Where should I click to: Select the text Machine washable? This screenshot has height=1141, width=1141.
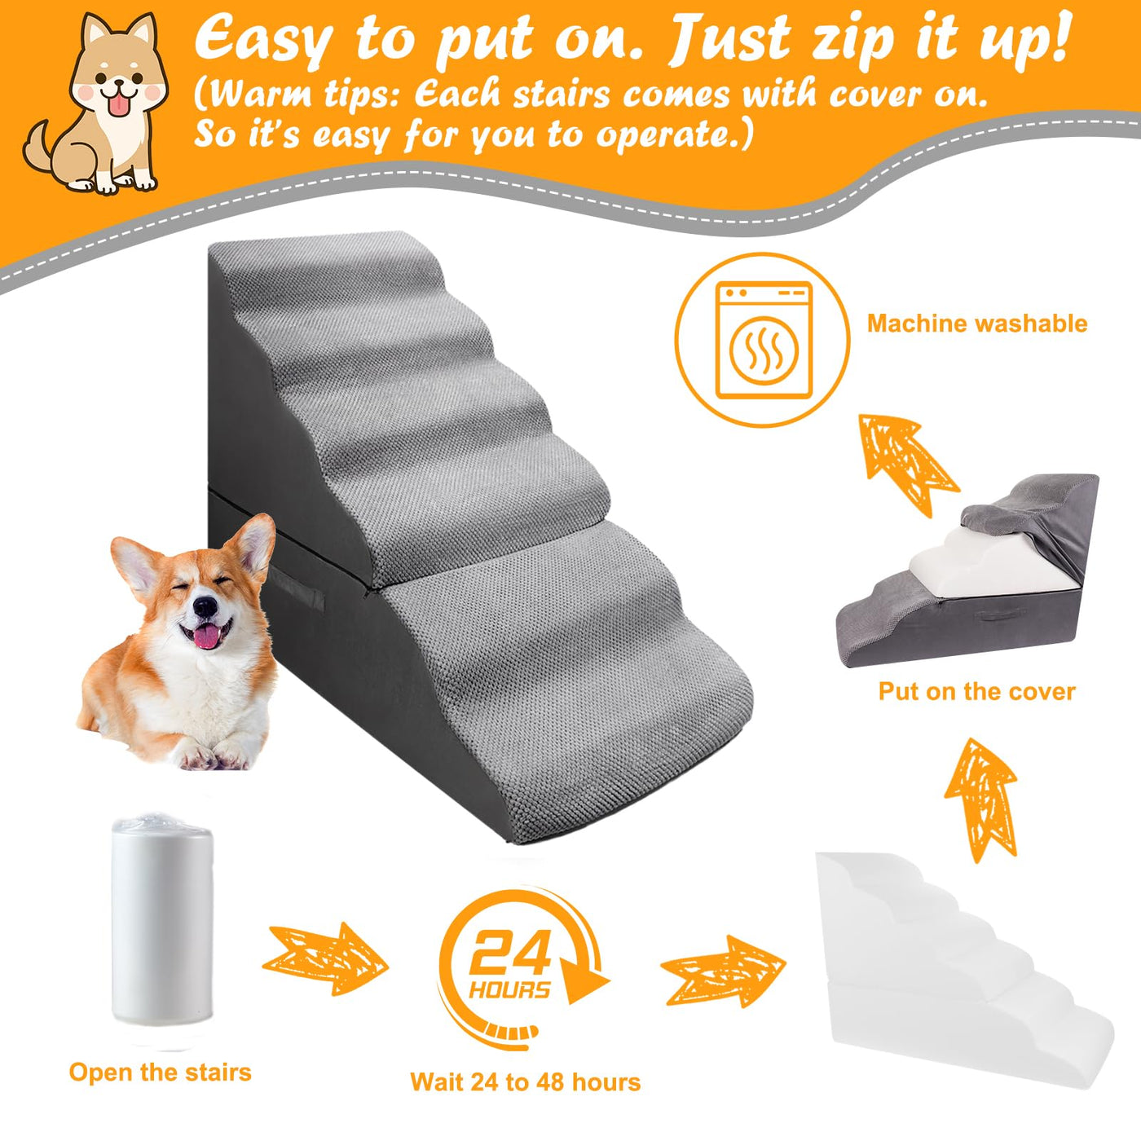tap(977, 324)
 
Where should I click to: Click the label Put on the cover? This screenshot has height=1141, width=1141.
tap(976, 692)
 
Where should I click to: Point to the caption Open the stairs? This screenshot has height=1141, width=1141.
tap(160, 1073)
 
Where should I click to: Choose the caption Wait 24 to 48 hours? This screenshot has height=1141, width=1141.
tap(525, 1082)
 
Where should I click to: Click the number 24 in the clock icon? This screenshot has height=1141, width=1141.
tap(511, 952)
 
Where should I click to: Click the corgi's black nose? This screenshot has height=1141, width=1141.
tap(205, 606)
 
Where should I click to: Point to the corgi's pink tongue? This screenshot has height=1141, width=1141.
tap(207, 636)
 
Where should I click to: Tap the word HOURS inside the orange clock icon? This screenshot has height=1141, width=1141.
tap(509, 989)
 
